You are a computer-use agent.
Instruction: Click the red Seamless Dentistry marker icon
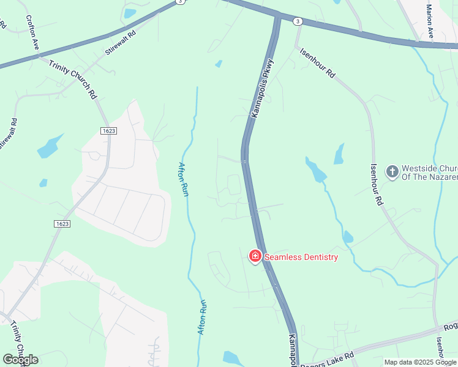255,256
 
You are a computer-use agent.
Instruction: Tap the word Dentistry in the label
315,257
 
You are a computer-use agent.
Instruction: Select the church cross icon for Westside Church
392,172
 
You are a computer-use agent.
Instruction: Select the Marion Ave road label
430,23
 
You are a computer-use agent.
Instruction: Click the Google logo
20,360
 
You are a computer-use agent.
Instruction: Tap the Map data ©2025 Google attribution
420,362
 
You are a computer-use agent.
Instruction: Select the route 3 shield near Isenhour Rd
298,21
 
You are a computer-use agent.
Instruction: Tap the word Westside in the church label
420,168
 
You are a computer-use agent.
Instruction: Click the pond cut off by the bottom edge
233,359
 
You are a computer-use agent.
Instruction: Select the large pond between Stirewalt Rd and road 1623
49,147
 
